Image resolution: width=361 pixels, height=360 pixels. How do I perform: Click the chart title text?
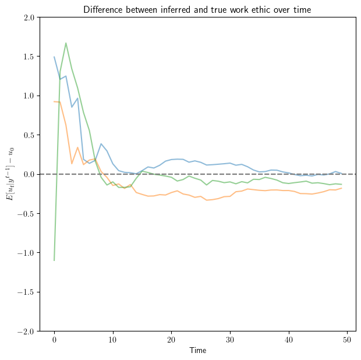pos(197,9)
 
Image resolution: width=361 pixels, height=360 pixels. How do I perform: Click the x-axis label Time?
pos(197,351)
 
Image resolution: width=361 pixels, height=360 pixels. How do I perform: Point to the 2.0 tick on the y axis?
pos(29,17)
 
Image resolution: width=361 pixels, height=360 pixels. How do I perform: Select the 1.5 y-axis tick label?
pos(29,57)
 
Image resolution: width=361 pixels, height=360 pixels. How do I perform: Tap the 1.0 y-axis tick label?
pos(29,96)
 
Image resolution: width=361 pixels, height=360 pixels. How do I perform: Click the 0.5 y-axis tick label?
pos(29,135)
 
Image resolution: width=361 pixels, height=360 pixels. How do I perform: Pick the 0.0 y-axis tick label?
pos(29,174)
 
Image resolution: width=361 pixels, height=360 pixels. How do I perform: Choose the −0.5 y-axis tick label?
pos(26,214)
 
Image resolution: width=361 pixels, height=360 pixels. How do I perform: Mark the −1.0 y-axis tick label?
pos(26,253)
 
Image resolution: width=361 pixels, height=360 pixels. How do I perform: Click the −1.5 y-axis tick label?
pos(26,292)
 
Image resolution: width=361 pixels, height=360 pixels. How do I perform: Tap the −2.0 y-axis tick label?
pos(26,331)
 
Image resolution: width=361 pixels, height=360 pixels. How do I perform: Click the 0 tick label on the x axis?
pos(54,340)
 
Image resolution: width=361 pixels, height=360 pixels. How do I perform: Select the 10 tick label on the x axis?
pos(113,340)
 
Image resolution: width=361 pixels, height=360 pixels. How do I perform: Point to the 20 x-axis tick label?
pos(172,340)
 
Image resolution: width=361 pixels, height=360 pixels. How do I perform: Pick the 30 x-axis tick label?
pos(230,340)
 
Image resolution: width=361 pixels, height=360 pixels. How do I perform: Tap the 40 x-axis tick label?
pos(289,340)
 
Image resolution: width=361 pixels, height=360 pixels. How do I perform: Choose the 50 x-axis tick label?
pos(348,340)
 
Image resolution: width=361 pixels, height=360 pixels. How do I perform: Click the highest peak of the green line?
pos(66,43)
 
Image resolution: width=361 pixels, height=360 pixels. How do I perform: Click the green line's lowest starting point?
pos(54,260)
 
